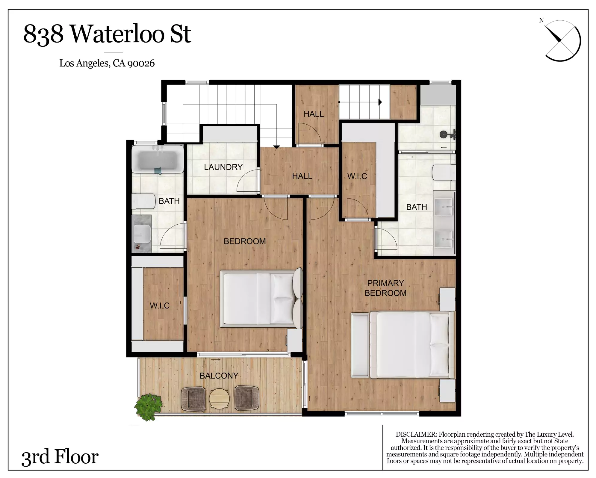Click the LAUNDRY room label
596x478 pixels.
[x=223, y=167]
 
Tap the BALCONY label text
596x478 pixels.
[x=219, y=376]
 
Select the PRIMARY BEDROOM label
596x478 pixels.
[x=385, y=288]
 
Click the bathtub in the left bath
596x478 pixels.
[x=158, y=159]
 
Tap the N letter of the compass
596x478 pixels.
[x=541, y=20]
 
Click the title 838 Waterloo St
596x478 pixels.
[x=107, y=34]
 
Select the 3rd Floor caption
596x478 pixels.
[x=60, y=457]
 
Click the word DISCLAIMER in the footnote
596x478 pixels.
[x=416, y=434]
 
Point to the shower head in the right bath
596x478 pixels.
[x=448, y=134]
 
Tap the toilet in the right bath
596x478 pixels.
[x=444, y=173]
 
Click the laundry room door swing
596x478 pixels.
[x=247, y=180]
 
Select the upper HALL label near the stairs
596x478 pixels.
[x=314, y=114]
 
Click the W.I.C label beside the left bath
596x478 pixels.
[x=160, y=305]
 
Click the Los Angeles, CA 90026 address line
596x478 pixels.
[x=107, y=63]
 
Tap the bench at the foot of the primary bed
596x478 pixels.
[x=360, y=345]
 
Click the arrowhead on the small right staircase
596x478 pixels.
[x=380, y=102]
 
